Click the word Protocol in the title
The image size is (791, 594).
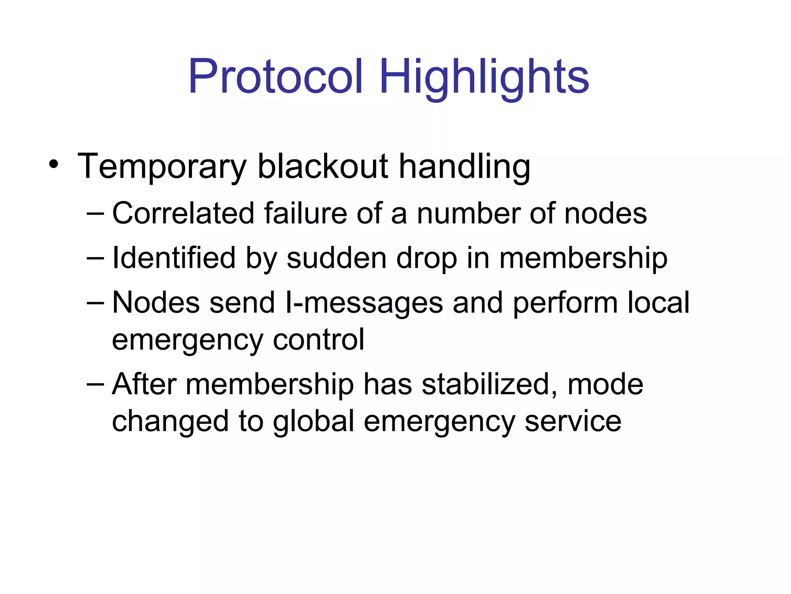click(276, 76)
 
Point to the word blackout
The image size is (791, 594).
click(323, 166)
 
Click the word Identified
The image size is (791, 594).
click(174, 258)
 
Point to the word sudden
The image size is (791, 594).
click(336, 258)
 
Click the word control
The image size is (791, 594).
click(319, 340)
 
